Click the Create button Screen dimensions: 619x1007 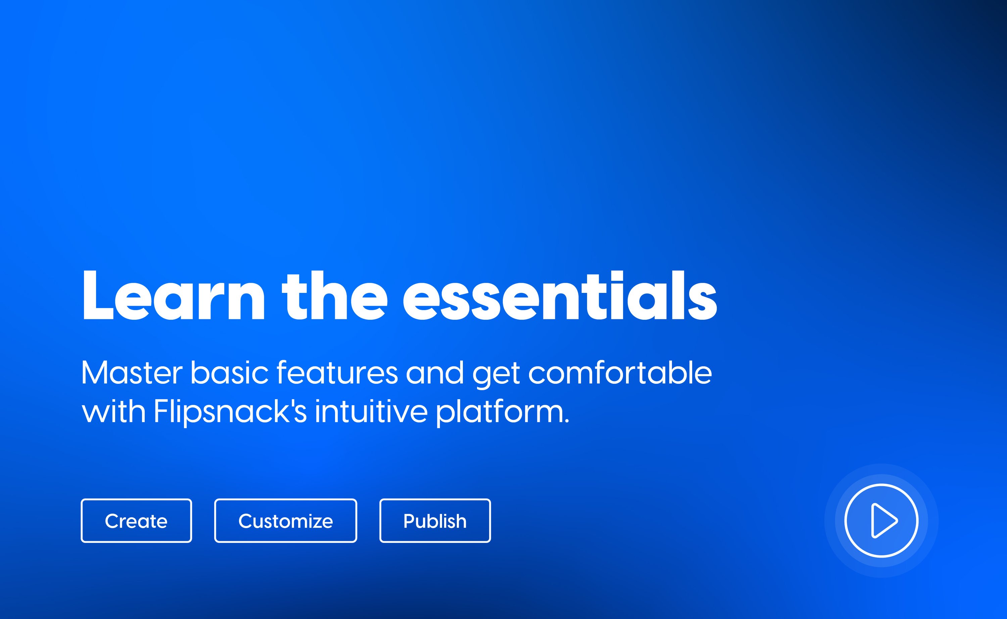click(136, 521)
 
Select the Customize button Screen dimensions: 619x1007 click(285, 521)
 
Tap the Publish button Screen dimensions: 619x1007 click(435, 521)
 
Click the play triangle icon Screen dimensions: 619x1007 click(883, 521)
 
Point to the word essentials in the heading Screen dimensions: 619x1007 click(560, 296)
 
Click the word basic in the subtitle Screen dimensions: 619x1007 click(229, 373)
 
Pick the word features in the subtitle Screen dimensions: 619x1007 click(337, 373)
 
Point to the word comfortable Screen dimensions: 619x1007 click(620, 373)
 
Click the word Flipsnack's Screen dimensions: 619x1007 click(230, 411)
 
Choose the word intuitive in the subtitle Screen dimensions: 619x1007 click(371, 411)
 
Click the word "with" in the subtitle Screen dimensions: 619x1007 click(113, 411)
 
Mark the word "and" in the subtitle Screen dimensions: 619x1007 click(435, 373)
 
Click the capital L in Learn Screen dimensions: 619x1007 click(97, 296)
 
